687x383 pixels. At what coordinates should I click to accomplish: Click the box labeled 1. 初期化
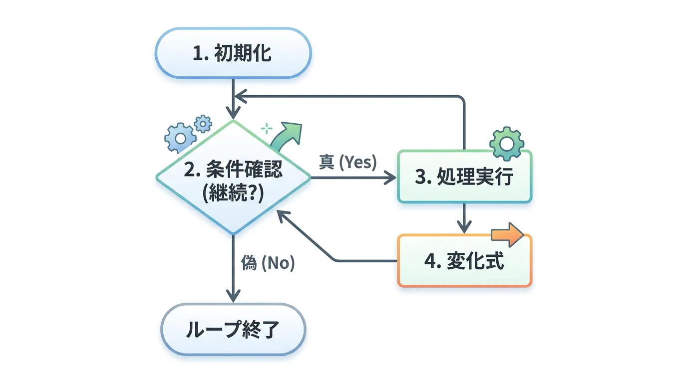tap(233, 52)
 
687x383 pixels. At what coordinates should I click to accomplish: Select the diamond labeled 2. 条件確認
tap(233, 178)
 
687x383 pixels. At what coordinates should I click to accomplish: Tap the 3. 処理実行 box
tap(464, 176)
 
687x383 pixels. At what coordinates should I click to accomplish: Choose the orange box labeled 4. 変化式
tap(464, 261)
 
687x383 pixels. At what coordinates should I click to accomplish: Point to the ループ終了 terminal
tap(233, 330)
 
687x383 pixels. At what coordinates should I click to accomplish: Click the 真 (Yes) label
tap(348, 163)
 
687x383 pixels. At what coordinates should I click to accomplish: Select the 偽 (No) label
tap(268, 263)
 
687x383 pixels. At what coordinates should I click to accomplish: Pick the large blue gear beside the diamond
tap(180, 136)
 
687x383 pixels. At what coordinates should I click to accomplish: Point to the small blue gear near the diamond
tap(203, 123)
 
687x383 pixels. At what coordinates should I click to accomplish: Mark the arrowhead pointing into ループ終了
tap(233, 296)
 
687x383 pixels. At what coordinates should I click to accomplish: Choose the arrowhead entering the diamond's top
tap(233, 114)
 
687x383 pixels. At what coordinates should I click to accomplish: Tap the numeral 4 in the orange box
tap(430, 261)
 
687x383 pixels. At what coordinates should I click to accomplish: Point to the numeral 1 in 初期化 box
tap(198, 53)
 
